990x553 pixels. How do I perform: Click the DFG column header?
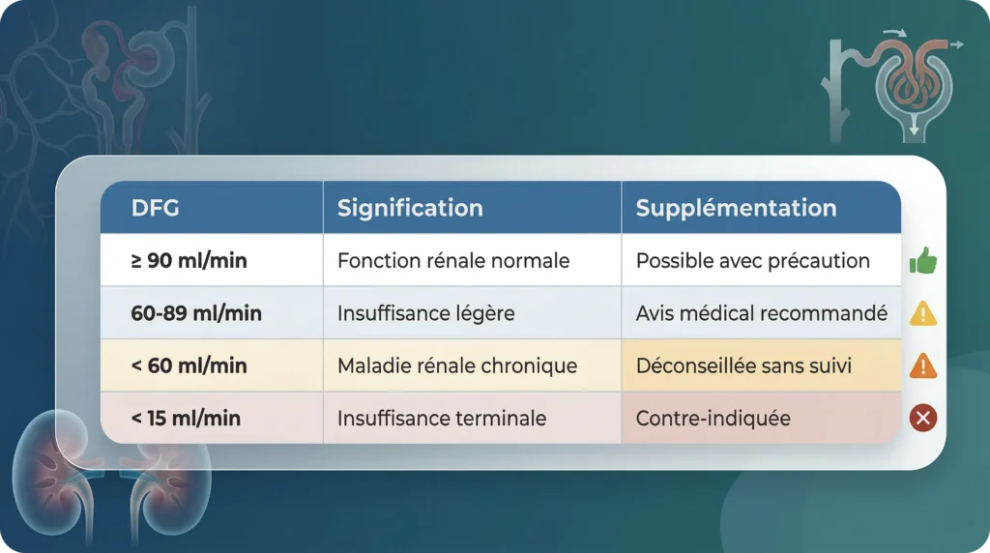point(155,208)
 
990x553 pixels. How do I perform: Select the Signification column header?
point(409,208)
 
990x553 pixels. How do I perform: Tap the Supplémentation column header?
point(736,208)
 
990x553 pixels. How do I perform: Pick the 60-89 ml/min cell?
point(196,313)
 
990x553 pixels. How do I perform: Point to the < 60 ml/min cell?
point(189,366)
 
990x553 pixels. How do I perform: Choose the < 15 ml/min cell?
point(186,419)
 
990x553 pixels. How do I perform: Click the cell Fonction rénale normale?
point(453,261)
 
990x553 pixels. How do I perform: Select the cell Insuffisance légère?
point(425,313)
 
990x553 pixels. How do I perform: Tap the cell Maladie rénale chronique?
point(457,366)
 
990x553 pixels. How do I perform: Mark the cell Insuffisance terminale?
point(442,419)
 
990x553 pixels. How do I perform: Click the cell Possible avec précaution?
point(753,261)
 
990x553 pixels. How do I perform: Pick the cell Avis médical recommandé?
point(762,313)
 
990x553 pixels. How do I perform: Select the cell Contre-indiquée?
point(713,419)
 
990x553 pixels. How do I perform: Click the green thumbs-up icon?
point(923,260)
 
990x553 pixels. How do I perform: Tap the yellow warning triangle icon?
point(923,313)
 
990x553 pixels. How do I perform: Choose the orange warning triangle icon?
point(923,365)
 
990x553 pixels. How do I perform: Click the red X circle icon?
point(923,418)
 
